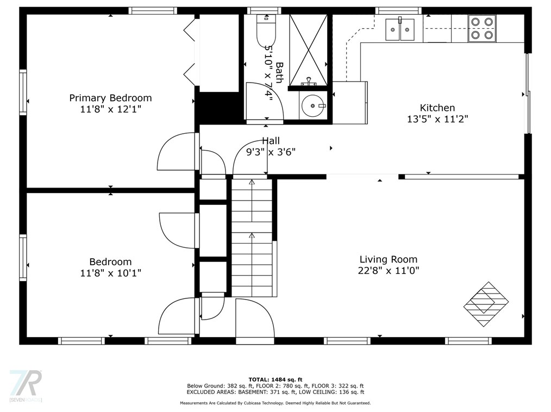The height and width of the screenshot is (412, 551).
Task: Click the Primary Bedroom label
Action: coord(110,98)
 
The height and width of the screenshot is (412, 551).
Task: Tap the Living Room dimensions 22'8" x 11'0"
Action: coord(389,270)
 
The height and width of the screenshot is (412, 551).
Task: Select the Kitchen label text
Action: coord(437,108)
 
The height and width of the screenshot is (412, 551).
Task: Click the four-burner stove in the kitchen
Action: coord(482,28)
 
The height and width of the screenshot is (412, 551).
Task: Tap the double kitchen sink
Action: coord(400,29)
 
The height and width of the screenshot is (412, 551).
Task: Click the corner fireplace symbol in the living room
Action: coord(486,304)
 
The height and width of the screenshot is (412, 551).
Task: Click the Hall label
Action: coord(271,141)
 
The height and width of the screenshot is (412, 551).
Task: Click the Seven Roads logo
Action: coord(26,386)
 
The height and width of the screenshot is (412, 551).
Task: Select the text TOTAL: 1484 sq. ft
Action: coord(275,379)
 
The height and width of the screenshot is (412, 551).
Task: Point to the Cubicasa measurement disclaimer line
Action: coord(275,403)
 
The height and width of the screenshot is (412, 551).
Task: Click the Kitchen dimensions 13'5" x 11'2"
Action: coord(437,118)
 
